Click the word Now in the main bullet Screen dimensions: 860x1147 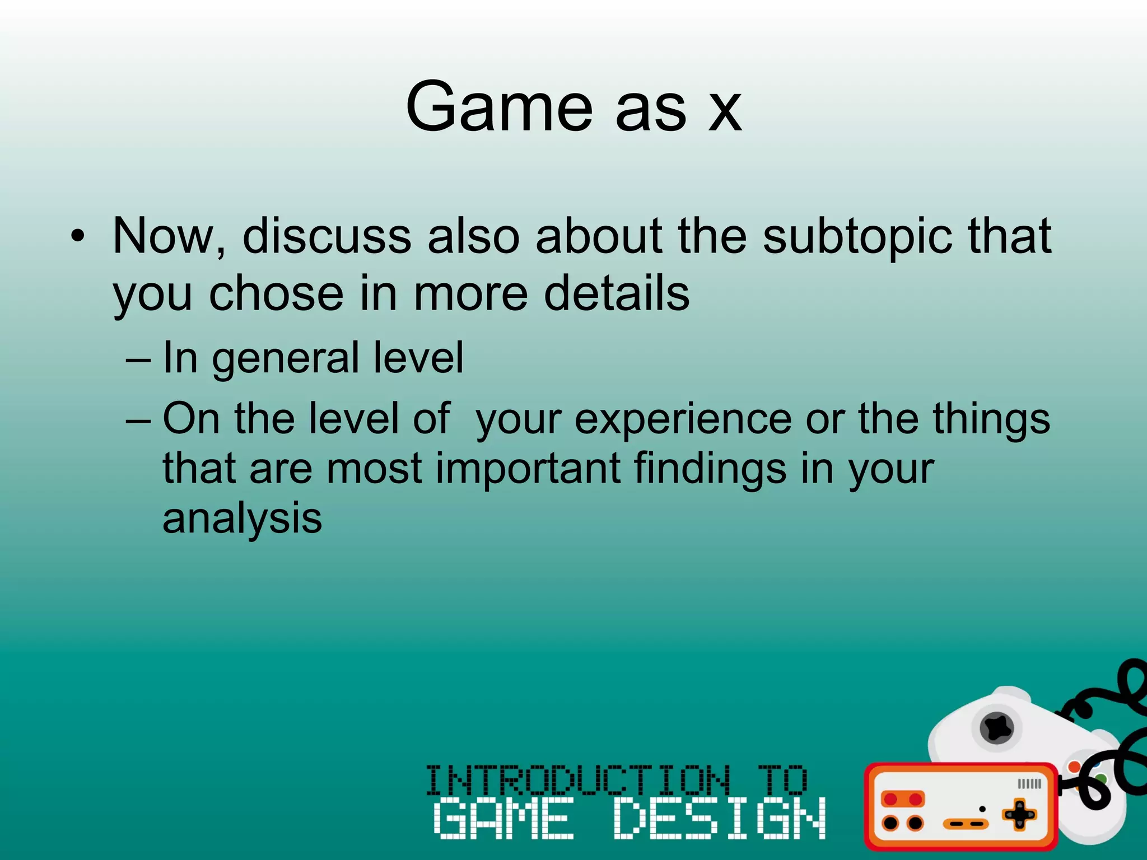coord(164,236)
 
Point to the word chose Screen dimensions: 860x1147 coord(276,294)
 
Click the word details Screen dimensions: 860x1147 coord(617,294)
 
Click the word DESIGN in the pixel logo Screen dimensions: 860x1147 coord(719,819)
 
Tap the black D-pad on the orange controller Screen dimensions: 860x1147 coord(1019,815)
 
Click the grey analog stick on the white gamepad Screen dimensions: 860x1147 coord(997,728)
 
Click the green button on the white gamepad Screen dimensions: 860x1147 coord(1100,778)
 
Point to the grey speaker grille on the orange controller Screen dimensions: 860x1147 coord(1029,784)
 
